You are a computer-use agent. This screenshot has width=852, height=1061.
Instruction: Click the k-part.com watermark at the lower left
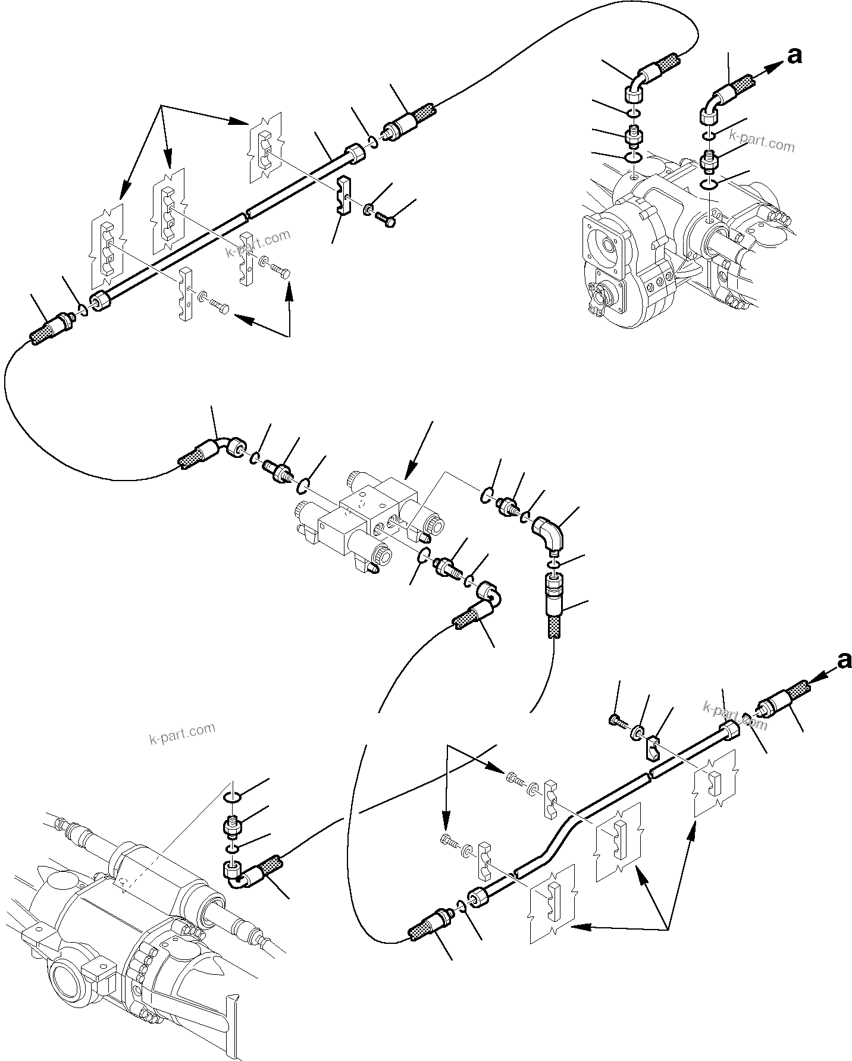pyautogui.click(x=181, y=733)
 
